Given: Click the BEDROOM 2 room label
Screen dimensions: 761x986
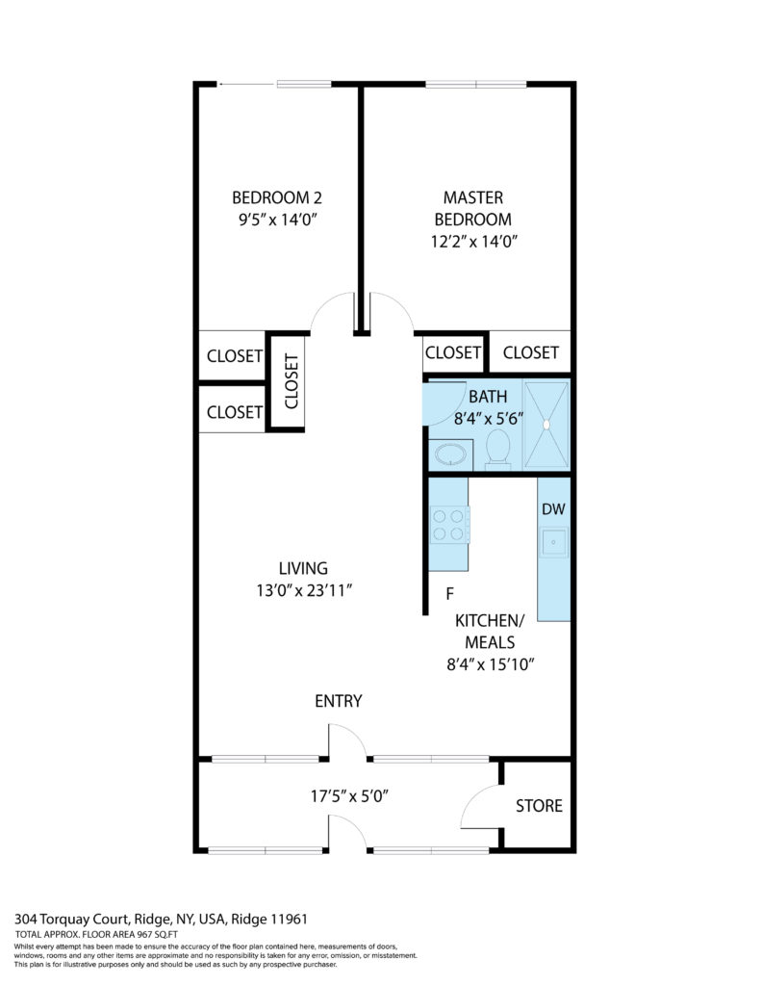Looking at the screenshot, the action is (277, 198).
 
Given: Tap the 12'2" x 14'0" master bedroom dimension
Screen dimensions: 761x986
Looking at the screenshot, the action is (473, 242).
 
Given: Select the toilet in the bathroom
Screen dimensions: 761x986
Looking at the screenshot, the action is (498, 449).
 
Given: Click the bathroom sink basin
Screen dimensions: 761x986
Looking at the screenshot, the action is (451, 454).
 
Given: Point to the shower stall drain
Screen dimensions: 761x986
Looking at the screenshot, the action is (546, 425).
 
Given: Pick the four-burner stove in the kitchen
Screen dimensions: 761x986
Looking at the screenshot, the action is (448, 526).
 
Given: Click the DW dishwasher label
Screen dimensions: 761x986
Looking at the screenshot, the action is (553, 509).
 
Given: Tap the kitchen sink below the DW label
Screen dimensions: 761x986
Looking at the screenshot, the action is (553, 542).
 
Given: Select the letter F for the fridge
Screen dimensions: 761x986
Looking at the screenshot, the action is (450, 593).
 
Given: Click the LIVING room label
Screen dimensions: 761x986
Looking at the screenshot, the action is (303, 568).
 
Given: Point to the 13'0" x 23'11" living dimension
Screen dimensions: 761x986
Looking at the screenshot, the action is (303, 591).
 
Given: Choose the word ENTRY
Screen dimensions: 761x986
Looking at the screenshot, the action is (339, 701).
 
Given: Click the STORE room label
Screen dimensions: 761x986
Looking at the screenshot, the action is (539, 806).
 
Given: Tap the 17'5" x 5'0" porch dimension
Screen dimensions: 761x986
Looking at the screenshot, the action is (349, 796).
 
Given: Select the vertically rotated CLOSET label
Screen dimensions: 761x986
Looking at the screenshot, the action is (292, 381).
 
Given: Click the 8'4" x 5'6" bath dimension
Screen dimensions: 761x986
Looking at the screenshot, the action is (489, 419).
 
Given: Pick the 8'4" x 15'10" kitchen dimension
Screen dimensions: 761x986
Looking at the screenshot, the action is (490, 664).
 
